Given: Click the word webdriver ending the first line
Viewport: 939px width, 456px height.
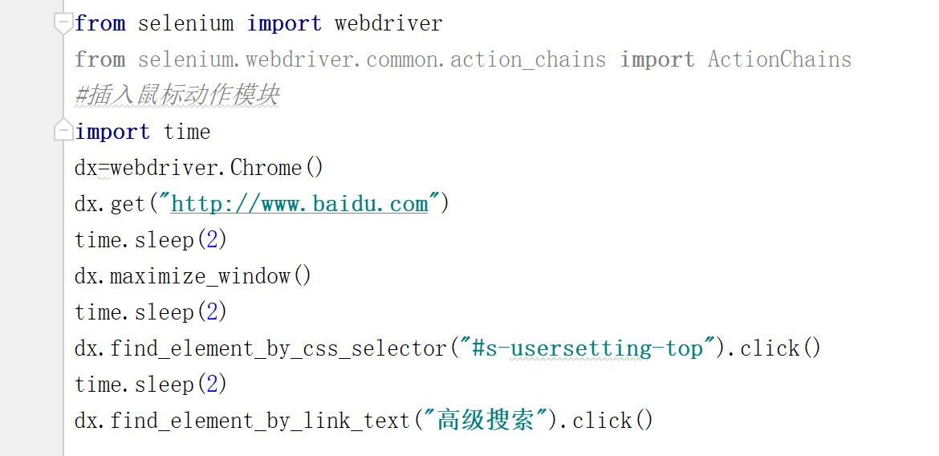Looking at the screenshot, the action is [388, 23].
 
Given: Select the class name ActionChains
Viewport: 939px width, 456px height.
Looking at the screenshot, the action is [779, 59].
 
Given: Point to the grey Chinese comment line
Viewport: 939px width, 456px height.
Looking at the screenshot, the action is [177, 96].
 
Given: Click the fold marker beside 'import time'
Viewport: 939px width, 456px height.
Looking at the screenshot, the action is [63, 130].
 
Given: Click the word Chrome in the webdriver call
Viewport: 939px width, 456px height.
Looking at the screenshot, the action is [266, 168].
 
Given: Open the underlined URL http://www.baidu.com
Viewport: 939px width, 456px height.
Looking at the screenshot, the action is [299, 204].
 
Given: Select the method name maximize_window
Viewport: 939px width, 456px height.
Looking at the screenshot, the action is [200, 276].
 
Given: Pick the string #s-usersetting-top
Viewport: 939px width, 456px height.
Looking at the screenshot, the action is [588, 348].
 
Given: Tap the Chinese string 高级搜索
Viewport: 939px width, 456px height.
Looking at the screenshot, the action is [486, 421].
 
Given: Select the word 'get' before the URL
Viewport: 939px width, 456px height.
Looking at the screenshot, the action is [128, 204].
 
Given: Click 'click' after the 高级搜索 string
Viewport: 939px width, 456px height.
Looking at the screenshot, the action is [602, 421].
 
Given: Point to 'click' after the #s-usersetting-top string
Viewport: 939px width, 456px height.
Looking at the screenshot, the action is [770, 348].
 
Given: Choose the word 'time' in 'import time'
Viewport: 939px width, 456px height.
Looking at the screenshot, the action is [187, 132].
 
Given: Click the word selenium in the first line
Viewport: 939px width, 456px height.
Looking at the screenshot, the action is [185, 23].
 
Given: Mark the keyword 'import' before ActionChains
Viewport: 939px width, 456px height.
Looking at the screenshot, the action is [656, 59].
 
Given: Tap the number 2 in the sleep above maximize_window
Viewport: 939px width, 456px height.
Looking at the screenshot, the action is [212, 240].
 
